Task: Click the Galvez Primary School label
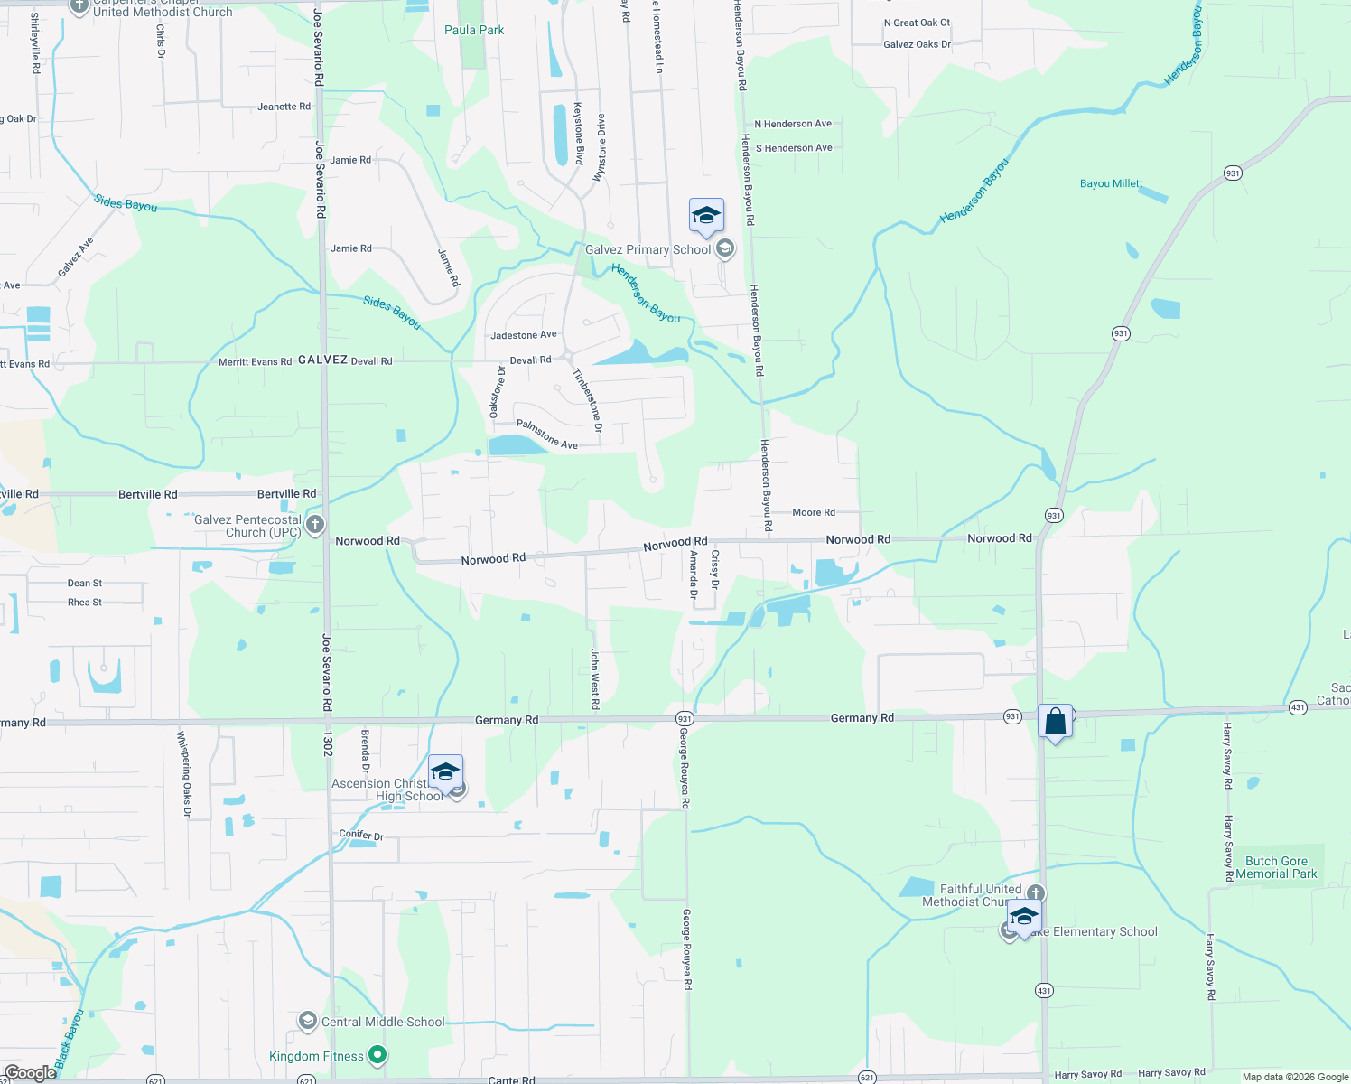648,249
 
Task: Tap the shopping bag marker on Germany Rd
1055,723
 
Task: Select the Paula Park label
474,30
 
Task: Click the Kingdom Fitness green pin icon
378,1055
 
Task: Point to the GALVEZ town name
323,360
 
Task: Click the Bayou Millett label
1111,183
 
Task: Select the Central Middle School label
383,1022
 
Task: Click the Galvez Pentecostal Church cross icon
315,524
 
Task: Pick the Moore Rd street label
813,512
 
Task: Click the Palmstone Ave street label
546,434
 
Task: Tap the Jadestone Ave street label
524,335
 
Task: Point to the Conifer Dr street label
361,835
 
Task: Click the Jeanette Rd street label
284,107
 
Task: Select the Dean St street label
85,584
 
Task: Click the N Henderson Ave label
793,124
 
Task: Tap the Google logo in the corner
30,1073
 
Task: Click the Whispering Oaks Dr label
184,774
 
